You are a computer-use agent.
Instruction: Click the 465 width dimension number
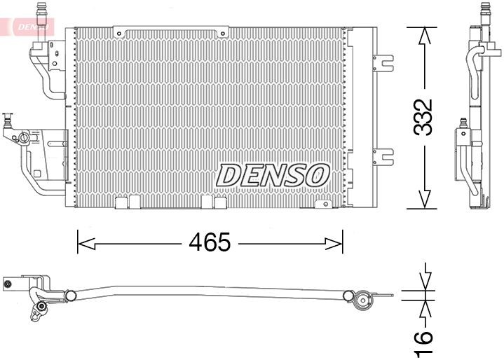(x=209, y=242)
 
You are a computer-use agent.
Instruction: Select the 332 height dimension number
(x=423, y=117)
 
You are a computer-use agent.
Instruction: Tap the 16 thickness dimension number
(x=422, y=338)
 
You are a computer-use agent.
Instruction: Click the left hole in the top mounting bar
(x=121, y=32)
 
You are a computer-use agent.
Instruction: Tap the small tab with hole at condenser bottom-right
(x=323, y=204)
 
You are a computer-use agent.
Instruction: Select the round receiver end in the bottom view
(x=364, y=302)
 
